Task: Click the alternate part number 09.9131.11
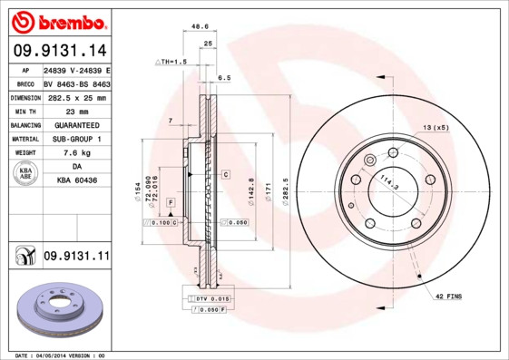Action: click(x=76, y=257)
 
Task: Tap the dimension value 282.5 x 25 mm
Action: click(x=76, y=97)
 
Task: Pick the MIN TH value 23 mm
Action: click(x=76, y=111)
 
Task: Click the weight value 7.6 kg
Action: click(x=76, y=153)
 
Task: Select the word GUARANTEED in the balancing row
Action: click(x=76, y=125)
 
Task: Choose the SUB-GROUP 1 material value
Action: click(x=76, y=139)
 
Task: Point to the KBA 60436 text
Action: click(x=76, y=181)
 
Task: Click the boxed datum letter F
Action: click(x=170, y=201)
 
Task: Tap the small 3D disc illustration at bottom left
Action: click(x=56, y=312)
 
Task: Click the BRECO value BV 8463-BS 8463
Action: click(x=76, y=83)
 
